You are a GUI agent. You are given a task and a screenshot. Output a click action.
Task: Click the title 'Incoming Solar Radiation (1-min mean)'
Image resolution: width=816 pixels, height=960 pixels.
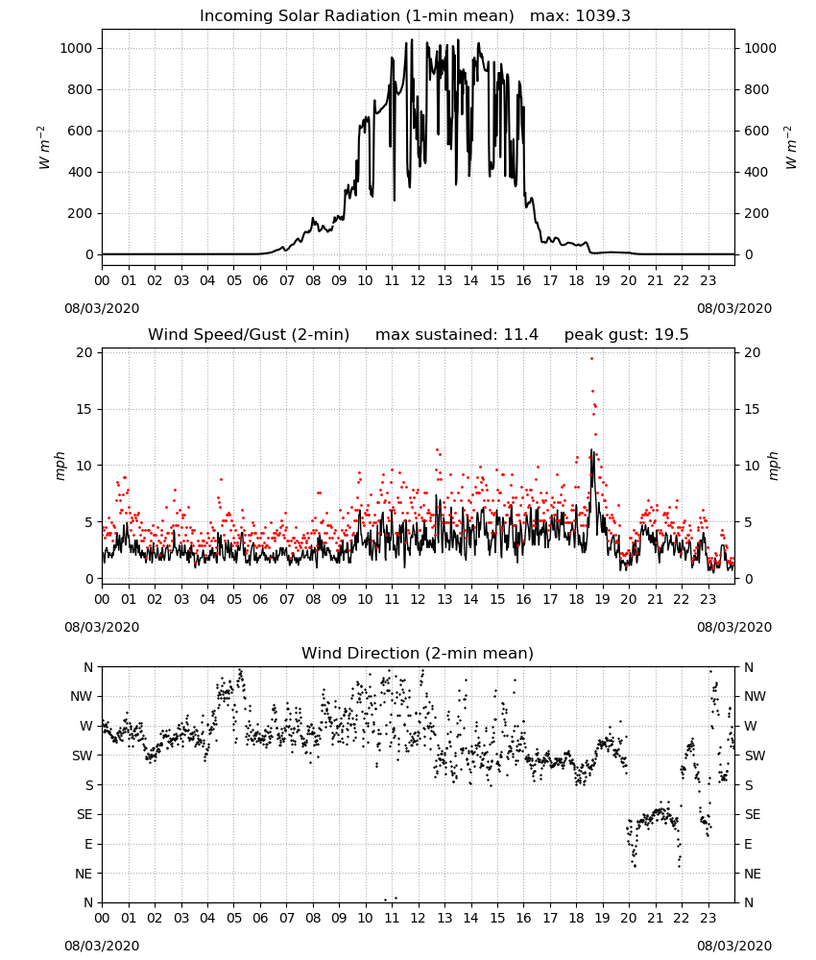357,16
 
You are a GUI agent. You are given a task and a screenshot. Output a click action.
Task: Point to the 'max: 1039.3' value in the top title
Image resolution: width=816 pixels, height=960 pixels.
580,16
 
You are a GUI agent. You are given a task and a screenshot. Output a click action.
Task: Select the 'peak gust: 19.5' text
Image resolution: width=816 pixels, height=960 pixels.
626,335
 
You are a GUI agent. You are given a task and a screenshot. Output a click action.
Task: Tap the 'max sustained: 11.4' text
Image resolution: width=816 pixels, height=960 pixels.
457,335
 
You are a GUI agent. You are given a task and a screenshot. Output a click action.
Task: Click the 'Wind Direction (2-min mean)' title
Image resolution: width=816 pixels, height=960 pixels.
418,653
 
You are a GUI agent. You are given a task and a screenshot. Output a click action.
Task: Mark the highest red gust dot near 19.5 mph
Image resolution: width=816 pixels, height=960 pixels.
591,359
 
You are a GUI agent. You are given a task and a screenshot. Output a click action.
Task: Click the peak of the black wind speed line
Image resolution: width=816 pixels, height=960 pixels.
591,450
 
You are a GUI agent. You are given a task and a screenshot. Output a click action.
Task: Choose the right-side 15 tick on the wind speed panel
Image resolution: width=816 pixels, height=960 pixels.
753,409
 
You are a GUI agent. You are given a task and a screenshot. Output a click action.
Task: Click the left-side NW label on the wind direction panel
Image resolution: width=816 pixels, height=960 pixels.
82,697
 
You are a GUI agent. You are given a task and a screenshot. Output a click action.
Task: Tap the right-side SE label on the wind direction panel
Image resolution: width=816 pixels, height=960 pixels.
753,815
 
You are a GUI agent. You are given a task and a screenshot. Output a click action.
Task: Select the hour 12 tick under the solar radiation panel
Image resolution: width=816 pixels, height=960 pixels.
419,281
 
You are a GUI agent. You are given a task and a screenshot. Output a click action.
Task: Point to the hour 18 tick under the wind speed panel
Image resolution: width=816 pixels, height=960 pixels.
576,599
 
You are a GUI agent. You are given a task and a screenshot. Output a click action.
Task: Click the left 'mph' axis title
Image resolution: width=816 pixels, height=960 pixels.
60,466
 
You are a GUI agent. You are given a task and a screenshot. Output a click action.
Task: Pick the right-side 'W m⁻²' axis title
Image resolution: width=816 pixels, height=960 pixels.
790,148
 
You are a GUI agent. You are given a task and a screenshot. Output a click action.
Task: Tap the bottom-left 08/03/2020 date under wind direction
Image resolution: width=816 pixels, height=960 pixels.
102,946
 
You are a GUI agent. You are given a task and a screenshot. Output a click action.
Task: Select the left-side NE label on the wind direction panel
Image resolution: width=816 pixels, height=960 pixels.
84,874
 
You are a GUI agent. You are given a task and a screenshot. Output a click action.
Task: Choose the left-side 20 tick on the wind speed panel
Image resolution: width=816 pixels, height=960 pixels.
84,352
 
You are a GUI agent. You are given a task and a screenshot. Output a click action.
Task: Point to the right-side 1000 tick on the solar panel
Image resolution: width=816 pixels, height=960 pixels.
759,48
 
